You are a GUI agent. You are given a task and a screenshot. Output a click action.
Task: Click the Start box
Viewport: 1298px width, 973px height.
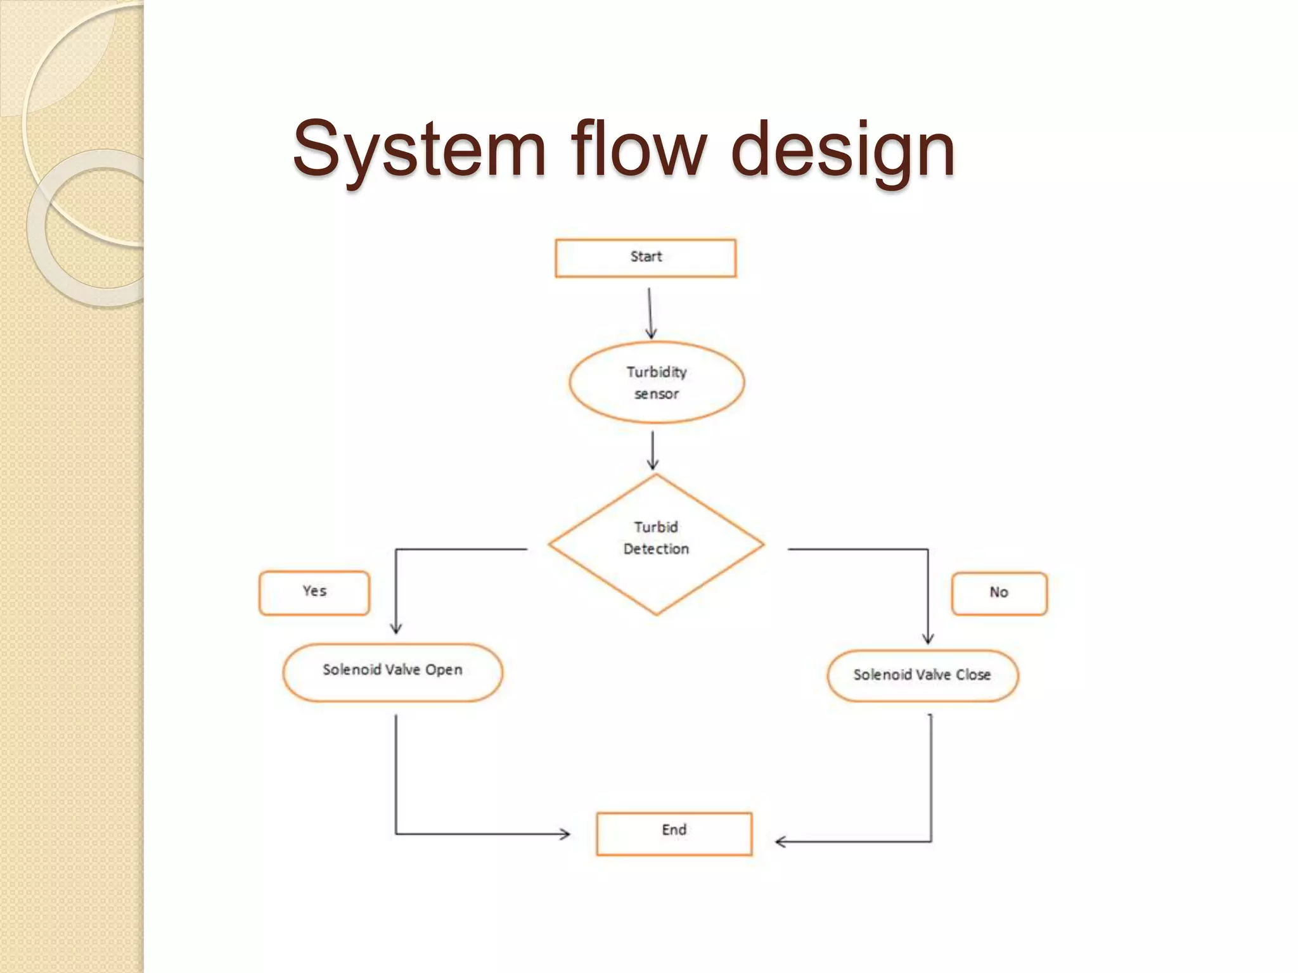tap(645, 258)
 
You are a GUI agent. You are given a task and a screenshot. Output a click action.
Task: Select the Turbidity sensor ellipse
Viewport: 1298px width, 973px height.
tap(657, 382)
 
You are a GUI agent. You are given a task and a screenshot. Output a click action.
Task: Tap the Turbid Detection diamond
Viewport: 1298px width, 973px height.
tap(656, 544)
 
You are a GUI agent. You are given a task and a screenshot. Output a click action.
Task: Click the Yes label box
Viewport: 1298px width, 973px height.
tap(314, 593)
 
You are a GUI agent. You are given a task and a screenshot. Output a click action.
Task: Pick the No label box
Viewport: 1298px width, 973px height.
tap(999, 594)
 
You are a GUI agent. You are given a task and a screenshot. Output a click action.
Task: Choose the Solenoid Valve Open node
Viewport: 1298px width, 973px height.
tap(392, 672)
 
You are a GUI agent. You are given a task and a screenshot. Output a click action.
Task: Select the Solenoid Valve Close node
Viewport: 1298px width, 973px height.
tap(922, 676)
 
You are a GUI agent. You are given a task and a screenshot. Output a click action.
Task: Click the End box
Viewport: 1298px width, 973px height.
tap(674, 834)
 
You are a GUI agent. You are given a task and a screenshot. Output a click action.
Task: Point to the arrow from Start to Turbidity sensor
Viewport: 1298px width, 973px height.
tap(650, 313)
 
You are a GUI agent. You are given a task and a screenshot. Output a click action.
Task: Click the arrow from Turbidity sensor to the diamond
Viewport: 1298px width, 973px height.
tap(653, 450)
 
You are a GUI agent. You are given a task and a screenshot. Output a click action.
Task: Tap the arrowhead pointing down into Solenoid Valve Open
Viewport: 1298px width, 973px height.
tap(396, 628)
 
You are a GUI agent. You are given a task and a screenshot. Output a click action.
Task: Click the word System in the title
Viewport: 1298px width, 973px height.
tap(419, 149)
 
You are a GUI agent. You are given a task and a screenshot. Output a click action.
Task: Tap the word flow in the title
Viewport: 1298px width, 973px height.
tap(638, 149)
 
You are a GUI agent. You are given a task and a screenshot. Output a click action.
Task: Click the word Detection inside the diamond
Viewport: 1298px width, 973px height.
tap(656, 549)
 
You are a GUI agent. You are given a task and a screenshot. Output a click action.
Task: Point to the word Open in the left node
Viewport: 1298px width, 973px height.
tap(444, 670)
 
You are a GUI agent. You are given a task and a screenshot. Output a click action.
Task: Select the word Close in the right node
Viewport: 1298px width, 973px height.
tap(973, 675)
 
